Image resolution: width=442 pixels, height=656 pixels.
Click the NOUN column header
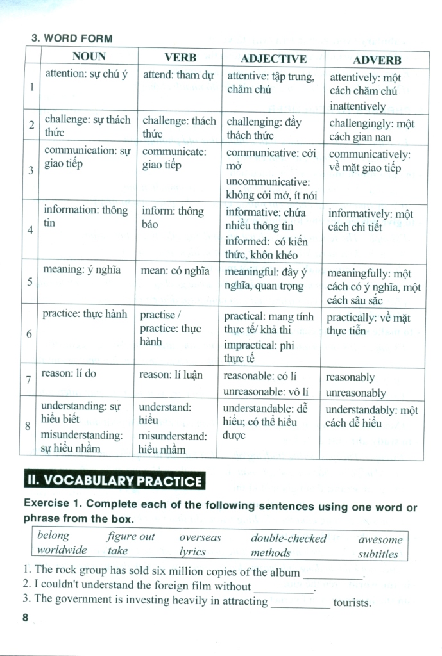tap(89, 56)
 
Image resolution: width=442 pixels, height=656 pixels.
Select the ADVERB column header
tap(377, 60)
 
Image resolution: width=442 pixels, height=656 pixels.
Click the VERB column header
tap(180, 57)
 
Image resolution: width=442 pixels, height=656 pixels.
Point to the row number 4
tap(31, 229)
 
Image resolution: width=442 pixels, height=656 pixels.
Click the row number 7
tap(29, 380)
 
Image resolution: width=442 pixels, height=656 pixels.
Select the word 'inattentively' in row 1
tap(357, 106)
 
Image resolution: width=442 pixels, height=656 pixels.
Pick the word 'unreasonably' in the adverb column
tap(355, 392)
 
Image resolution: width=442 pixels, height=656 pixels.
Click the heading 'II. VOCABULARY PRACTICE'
tap(114, 481)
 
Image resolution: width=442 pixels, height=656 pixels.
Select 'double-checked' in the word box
tap(288, 538)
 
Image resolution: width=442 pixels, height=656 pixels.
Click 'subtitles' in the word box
tap(378, 554)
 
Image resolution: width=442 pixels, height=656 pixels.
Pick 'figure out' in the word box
tap(131, 537)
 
